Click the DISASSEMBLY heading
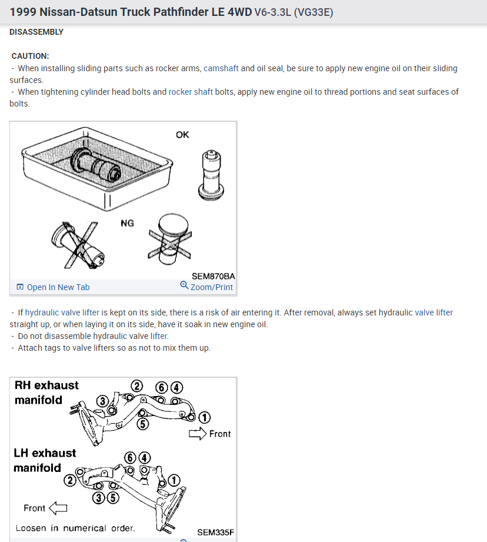(36, 32)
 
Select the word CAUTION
(31, 56)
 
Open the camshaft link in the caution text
(221, 68)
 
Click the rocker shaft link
(191, 92)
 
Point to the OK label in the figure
(182, 135)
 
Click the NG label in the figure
(127, 223)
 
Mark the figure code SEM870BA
(214, 275)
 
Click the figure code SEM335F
(215, 532)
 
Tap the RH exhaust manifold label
(46, 393)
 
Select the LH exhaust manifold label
(45, 460)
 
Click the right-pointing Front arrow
(196, 434)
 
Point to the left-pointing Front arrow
(58, 508)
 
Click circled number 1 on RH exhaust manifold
(204, 417)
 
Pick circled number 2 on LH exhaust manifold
(70, 480)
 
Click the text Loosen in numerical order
(75, 528)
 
